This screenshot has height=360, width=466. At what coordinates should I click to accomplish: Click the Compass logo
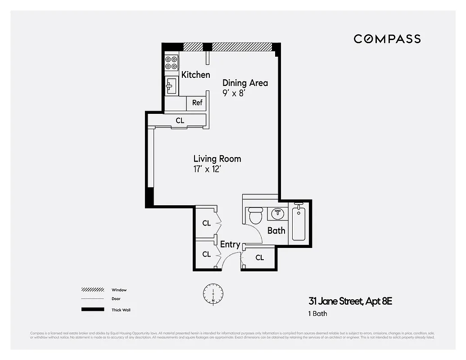point(387,39)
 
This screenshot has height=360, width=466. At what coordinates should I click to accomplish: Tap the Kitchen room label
point(195,75)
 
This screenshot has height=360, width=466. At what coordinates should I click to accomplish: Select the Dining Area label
point(245,83)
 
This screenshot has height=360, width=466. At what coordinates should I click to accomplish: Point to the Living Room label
point(217,159)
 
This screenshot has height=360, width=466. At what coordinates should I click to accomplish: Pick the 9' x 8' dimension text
point(233,94)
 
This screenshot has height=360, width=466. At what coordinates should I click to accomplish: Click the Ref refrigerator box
point(197,103)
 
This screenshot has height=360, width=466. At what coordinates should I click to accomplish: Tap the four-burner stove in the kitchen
point(171,63)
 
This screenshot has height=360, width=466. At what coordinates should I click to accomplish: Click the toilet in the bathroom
point(256,215)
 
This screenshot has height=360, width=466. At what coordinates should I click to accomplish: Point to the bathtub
point(299,223)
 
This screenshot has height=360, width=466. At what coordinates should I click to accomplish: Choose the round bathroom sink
point(277,213)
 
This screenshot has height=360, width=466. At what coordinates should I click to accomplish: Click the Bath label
point(276,230)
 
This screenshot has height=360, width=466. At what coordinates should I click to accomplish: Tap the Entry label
point(230,245)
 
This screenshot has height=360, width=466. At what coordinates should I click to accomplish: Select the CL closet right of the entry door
point(259,258)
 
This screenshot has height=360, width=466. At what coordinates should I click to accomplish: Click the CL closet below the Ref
point(180,121)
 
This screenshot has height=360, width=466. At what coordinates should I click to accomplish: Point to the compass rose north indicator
point(213,293)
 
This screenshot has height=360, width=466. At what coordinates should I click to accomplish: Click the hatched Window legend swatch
point(93,290)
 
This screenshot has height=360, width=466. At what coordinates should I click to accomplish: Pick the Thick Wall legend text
point(121,310)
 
